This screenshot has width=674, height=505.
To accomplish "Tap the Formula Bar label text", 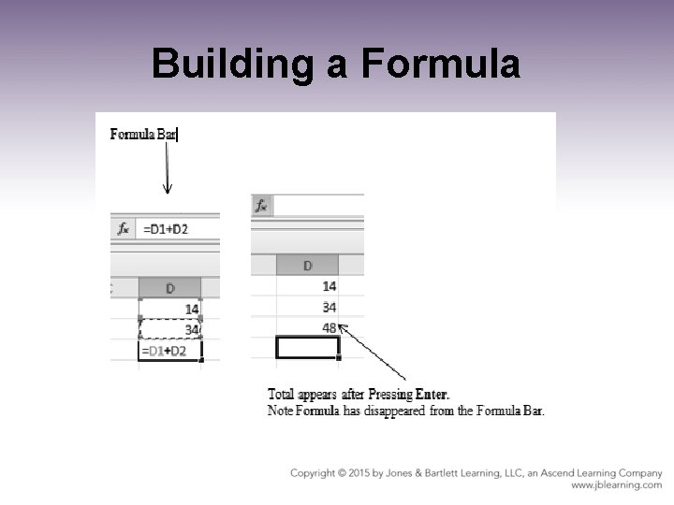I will tap(143, 134).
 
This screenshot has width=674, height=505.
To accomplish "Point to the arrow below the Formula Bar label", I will tap(167, 167).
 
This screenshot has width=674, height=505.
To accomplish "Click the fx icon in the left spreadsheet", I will tap(123, 229).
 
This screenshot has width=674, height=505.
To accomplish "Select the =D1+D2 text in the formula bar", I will tap(165, 229).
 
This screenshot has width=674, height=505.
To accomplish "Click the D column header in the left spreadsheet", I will tap(169, 288).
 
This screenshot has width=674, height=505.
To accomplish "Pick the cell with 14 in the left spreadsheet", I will tap(170, 309).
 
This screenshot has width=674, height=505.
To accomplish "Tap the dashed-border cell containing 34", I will tap(170, 329).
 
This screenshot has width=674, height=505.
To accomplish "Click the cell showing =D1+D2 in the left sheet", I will tap(170, 351).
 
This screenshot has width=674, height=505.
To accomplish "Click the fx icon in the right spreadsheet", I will tap(261, 205).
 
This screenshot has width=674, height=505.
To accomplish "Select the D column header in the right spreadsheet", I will tap(307, 267).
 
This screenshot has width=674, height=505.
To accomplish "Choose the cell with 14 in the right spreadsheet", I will tap(307, 286).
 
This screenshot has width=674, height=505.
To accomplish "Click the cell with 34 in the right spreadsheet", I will tap(307, 307).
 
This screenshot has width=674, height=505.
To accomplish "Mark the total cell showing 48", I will tap(307, 327).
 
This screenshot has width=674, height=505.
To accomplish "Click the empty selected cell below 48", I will tap(307, 348).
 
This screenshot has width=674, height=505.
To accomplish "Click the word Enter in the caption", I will tap(428, 394).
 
